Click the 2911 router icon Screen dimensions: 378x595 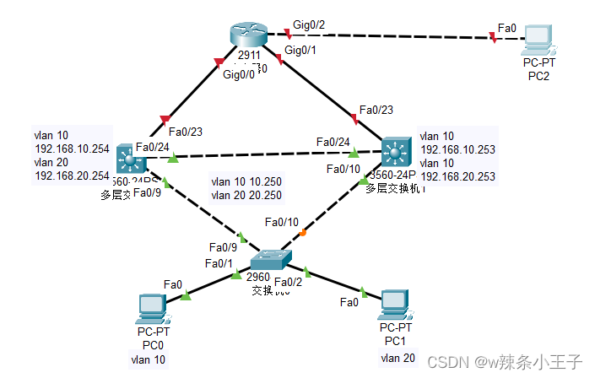pos(247,35)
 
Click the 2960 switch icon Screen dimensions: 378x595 pos(271,257)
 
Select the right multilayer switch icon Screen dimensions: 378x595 pos(394,153)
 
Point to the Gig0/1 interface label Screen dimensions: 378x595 pos(302,51)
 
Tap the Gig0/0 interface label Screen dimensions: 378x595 pos(240,75)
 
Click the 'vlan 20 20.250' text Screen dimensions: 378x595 pos(246,195)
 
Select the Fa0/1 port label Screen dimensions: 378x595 pos(217,264)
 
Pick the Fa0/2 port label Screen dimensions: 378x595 pos(289,282)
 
